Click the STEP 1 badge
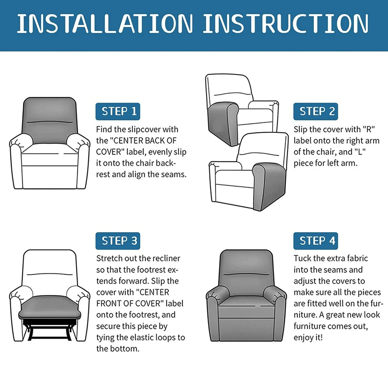(x=118, y=111)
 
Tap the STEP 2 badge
(x=316, y=111)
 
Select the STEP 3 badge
(x=118, y=241)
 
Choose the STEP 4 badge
(x=316, y=241)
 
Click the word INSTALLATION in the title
(x=105, y=24)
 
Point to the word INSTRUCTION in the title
(x=286, y=24)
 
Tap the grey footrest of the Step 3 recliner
(x=50, y=308)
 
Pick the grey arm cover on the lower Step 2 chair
(x=269, y=185)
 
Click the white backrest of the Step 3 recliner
(x=50, y=272)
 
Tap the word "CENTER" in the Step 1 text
(x=126, y=141)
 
